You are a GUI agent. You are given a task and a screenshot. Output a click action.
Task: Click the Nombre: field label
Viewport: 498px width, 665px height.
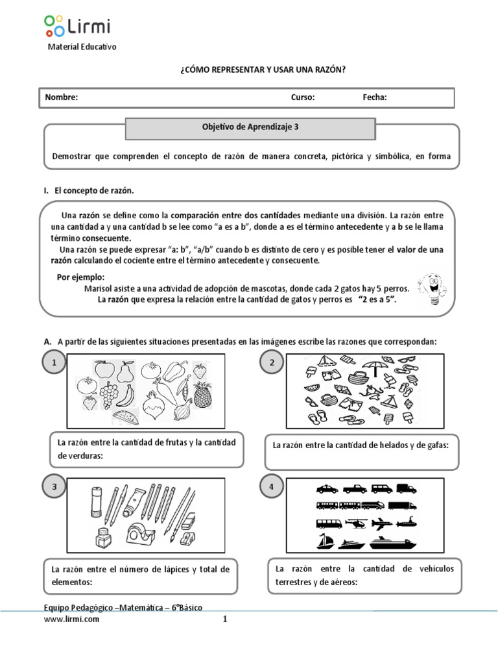pyautogui.click(x=61, y=97)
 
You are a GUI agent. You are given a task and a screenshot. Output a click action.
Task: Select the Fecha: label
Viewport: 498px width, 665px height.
pyautogui.click(x=375, y=97)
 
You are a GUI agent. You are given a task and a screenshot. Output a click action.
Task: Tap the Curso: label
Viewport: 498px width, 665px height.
pyautogui.click(x=303, y=97)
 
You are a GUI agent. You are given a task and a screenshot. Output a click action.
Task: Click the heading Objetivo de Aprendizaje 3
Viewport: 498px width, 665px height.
pyautogui.click(x=250, y=128)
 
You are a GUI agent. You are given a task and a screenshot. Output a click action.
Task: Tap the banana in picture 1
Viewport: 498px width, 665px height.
pyautogui.click(x=128, y=394)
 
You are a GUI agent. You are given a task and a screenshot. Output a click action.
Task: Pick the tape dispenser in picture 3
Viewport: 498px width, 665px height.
pyautogui.click(x=141, y=534)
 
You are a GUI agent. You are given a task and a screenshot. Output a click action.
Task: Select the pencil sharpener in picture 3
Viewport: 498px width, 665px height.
pyautogui.click(x=188, y=540)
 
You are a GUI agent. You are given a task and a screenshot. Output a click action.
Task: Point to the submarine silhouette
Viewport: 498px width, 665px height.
pyautogui.click(x=410, y=523)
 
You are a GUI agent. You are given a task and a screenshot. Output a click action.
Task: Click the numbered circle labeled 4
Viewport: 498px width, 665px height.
pyautogui.click(x=269, y=487)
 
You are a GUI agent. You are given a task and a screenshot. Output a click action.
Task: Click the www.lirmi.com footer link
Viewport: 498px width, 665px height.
pyautogui.click(x=71, y=619)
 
